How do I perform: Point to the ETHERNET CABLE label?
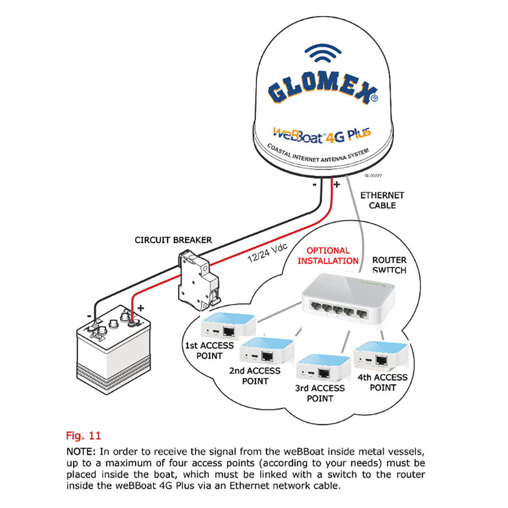(382, 200)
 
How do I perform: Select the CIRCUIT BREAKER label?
(173, 240)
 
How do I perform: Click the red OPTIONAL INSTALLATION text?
(328, 256)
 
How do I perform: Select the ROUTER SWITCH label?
(389, 265)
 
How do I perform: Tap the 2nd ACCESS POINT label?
(255, 375)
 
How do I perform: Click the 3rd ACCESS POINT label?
(320, 393)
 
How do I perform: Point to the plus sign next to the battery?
(141, 308)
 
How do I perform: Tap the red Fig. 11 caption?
(83, 435)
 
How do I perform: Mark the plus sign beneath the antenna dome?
(336, 184)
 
